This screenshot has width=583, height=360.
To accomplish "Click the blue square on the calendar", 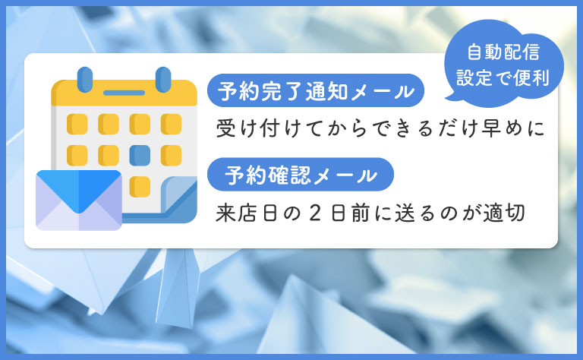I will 139,155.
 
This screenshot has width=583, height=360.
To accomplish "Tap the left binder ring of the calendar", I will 85,78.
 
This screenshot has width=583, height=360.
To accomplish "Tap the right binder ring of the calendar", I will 162,78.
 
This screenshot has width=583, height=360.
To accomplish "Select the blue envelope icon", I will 78,200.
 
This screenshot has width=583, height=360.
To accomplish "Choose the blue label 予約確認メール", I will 301,176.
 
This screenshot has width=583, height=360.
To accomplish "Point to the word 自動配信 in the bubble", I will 493,52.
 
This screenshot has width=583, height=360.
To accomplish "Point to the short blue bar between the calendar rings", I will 124,93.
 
